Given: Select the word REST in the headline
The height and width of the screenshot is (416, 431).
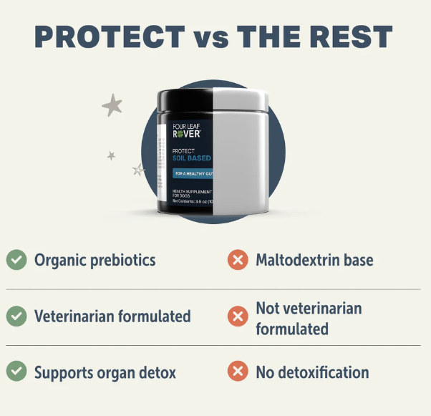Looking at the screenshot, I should [x=349, y=37].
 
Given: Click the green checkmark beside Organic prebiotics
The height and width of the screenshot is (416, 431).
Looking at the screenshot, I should [x=16, y=259].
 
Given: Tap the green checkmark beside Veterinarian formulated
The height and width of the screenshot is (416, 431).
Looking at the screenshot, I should [x=16, y=315].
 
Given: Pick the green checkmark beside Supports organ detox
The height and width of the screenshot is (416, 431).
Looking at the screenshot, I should [x=16, y=372].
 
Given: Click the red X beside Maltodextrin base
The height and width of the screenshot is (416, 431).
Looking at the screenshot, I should [x=238, y=259].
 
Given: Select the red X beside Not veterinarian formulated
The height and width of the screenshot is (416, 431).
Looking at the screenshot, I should [x=238, y=316].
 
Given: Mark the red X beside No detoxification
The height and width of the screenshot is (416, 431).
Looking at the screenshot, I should [x=238, y=372].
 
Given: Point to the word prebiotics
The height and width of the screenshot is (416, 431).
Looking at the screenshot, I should [x=123, y=260].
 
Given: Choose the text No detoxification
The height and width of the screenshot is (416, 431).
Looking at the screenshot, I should [x=312, y=372].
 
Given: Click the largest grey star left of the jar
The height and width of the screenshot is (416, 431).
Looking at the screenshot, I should [x=112, y=106].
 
